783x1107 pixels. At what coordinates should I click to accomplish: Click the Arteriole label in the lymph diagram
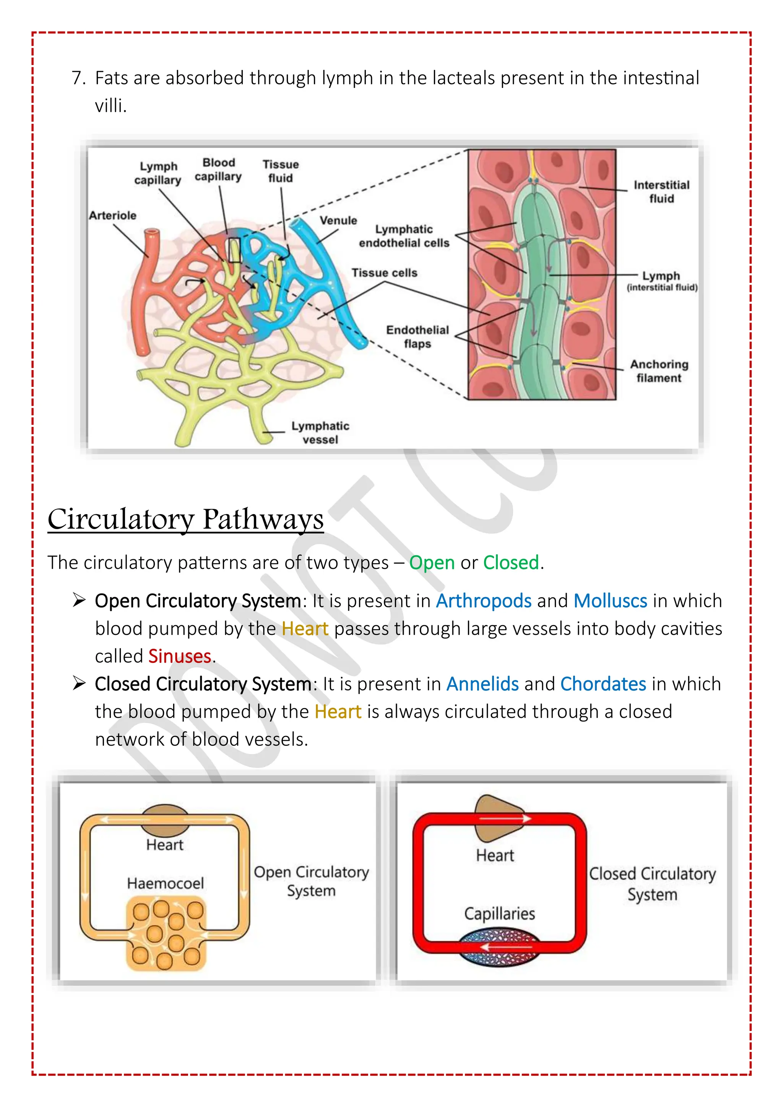[x=112, y=216]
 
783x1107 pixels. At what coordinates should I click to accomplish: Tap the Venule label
[x=338, y=220]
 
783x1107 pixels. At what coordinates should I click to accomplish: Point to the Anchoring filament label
[x=659, y=371]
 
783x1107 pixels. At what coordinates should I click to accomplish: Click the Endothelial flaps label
[x=417, y=336]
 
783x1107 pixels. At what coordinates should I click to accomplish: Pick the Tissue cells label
[x=384, y=273]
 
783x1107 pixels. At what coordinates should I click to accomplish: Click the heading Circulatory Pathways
[x=186, y=519]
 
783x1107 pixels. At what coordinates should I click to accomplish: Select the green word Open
[x=432, y=563]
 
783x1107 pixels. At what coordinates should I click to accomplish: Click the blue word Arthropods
[x=484, y=601]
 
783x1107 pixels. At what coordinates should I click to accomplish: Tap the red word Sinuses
[x=179, y=656]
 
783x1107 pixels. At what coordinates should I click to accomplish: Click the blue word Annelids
[x=482, y=684]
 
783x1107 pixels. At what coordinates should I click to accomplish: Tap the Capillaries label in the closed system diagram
[x=499, y=913]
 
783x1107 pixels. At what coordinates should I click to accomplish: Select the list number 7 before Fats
[x=77, y=78]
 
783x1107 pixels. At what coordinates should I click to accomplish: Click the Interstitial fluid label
[x=661, y=192]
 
